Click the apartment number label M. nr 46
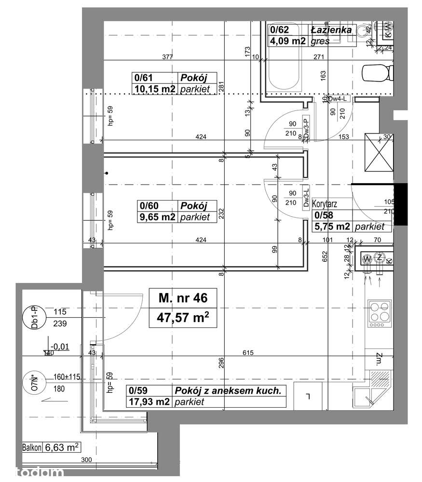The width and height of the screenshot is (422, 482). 183,298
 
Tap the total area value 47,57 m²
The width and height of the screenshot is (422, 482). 183,318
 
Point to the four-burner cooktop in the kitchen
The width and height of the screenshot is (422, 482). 380,313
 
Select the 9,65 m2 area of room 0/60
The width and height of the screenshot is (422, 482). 157,217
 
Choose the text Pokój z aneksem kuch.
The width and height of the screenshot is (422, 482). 227,391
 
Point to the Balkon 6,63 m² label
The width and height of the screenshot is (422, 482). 51,447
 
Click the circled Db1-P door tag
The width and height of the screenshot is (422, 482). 33,318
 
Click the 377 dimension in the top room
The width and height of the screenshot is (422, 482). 167,57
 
